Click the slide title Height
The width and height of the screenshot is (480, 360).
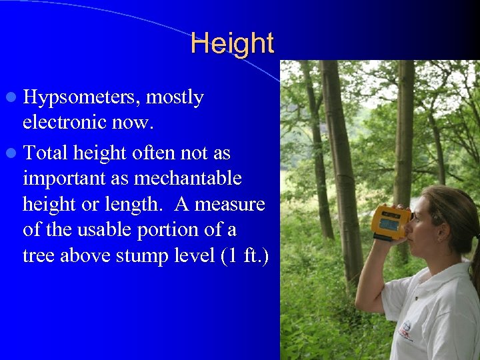point(232,43)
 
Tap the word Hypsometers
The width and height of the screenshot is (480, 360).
point(79,98)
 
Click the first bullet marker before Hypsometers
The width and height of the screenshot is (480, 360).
point(13,97)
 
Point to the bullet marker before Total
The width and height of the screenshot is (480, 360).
point(13,153)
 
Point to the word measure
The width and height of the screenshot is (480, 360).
point(229,205)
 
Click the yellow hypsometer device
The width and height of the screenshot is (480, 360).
point(390,221)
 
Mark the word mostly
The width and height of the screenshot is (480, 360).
point(175,98)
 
